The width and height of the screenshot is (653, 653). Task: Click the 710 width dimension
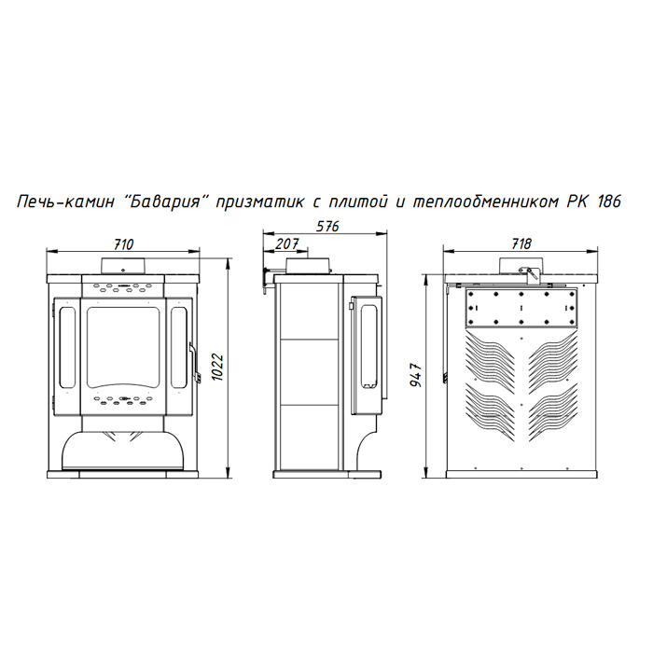click(x=124, y=244)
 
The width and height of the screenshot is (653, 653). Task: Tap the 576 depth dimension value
click(x=327, y=226)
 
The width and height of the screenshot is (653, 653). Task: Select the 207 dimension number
click(x=287, y=243)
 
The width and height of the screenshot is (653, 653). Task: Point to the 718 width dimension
click(x=521, y=243)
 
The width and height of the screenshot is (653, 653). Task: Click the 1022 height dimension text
click(x=217, y=367)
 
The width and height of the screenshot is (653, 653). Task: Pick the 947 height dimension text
click(x=416, y=375)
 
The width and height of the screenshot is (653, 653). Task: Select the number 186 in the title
click(x=609, y=201)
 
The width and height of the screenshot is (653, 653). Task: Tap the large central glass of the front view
click(x=123, y=346)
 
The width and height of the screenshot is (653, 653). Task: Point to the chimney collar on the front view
click(x=123, y=266)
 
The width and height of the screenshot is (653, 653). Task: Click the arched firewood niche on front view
click(x=123, y=450)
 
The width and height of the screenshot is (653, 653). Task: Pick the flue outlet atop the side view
click(x=309, y=266)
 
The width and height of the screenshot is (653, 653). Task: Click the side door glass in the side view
click(x=369, y=346)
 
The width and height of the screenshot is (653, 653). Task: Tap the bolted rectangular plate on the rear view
click(x=521, y=308)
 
